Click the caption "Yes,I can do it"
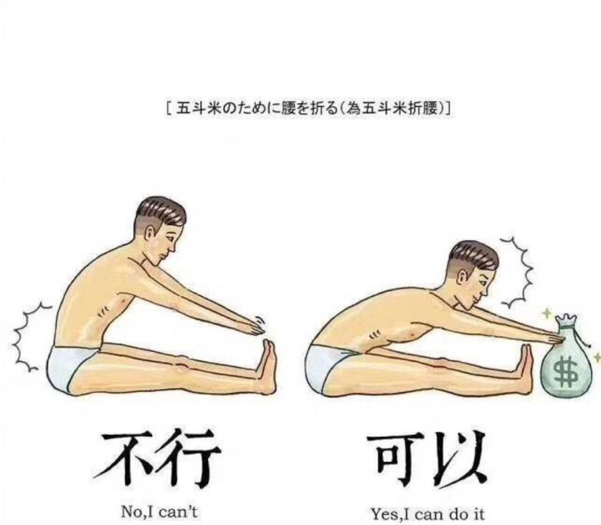tap(427, 513)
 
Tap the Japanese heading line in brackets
tap(309, 110)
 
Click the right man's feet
tap(525, 368)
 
